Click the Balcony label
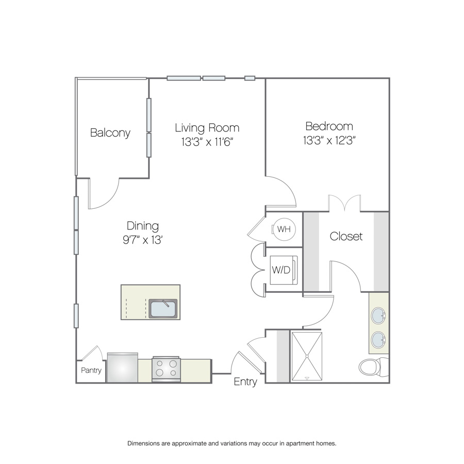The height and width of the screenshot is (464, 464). coord(110,133)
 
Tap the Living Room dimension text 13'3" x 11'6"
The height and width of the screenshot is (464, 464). coord(207,142)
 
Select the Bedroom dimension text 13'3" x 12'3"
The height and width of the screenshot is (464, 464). coord(329,140)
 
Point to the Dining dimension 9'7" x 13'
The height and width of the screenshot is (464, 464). coord(143,240)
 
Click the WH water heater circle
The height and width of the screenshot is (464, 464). coord(284,229)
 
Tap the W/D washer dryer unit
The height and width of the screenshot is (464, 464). coord(283,270)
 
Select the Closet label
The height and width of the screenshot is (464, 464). coord(346,236)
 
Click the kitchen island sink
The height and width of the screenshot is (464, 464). coord(163,308)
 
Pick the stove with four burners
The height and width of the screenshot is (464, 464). coord(166,369)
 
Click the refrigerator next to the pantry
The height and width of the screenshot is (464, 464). coord(123,368)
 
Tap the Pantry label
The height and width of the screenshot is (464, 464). coord(91,370)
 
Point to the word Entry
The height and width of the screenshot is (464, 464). coord(245,382)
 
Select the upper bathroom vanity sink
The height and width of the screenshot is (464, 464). coord(378,316)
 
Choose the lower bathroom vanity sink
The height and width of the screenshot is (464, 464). coord(378,340)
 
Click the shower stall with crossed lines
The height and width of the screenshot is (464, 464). coord(307,356)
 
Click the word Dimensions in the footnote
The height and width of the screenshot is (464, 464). coord(143,443)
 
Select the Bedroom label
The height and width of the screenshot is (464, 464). coord(329,126)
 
